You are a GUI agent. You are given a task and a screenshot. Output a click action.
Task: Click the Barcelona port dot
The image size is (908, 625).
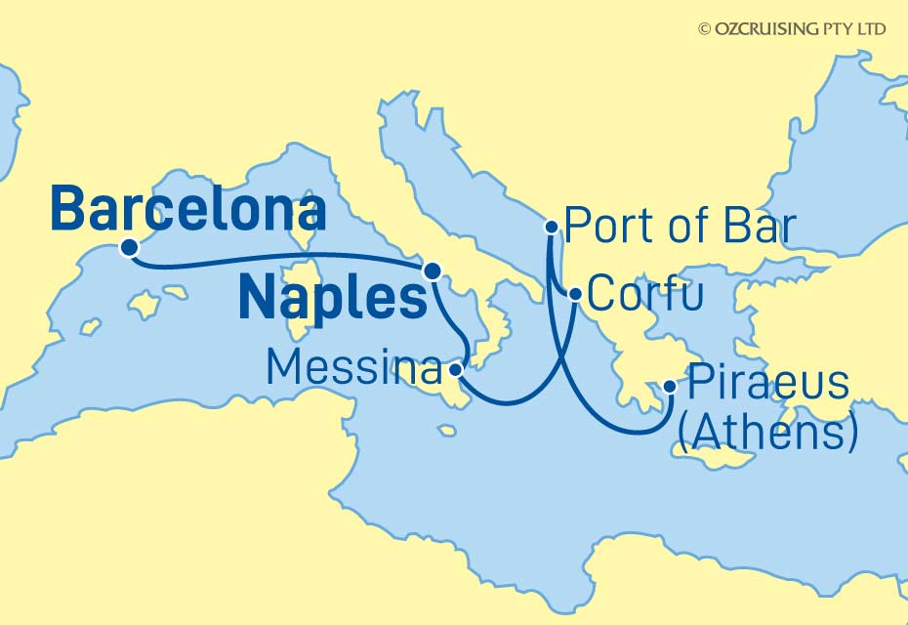click(x=128, y=247)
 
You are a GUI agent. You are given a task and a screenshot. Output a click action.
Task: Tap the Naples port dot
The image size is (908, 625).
click(x=432, y=270)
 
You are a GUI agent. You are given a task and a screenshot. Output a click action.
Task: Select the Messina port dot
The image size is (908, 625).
click(x=456, y=370)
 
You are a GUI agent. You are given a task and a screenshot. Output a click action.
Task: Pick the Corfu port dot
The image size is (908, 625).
click(x=576, y=294)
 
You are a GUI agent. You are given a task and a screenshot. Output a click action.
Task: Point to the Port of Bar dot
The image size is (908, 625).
click(x=552, y=228)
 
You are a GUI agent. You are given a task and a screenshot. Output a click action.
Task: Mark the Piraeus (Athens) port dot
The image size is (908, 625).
click(x=670, y=387)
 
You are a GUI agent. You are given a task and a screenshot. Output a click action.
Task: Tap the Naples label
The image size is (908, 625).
click(x=332, y=298)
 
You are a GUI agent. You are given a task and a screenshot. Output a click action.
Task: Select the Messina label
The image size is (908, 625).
click(x=352, y=368)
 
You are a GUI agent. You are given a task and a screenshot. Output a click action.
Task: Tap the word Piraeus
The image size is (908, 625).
click(x=768, y=384)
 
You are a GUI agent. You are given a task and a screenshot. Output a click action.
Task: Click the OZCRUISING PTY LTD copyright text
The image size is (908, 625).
click(x=792, y=29)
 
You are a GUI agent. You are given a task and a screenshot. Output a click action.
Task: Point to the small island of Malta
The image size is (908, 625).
click(x=447, y=430)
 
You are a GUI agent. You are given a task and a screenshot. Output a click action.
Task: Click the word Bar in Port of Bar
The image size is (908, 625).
click(x=756, y=229)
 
